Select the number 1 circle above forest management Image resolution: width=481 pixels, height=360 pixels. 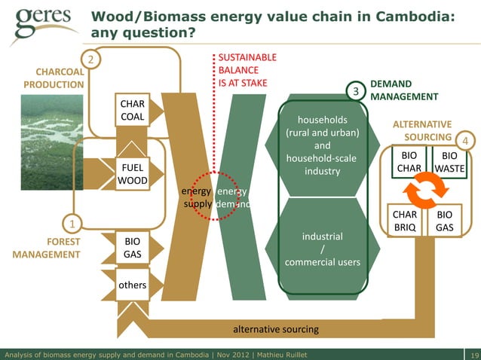(72, 224)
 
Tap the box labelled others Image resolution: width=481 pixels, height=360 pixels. (132, 286)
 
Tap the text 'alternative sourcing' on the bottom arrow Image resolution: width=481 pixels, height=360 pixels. (275, 329)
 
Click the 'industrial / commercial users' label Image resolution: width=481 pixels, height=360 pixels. (323, 249)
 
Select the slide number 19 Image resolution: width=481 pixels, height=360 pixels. (473, 354)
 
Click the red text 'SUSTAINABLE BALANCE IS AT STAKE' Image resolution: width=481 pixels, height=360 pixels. (242, 70)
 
